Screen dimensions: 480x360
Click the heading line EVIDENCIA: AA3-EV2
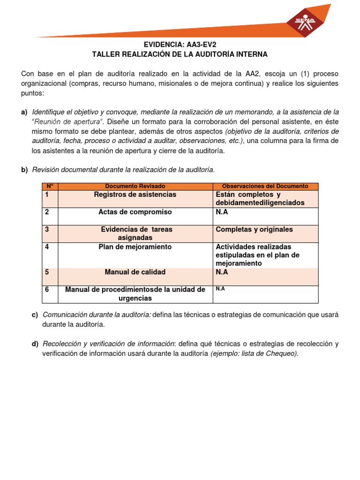pos(180,45)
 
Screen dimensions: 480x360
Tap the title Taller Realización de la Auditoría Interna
pos(180,54)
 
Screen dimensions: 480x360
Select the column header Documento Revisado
pos(135,186)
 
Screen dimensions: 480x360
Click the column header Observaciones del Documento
pos(265,186)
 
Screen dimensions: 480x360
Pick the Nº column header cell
pos(50,186)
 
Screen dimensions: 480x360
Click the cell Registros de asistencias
pos(135,195)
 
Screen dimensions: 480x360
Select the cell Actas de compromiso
pos(135,212)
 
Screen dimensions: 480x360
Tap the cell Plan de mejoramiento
pos(135,247)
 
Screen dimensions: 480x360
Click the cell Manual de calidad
pos(135,272)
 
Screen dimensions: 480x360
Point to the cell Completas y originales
pos(254,229)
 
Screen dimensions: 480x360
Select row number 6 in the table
pos(47,290)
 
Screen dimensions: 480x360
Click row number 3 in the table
pos(47,229)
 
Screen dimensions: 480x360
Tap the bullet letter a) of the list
pos(24,112)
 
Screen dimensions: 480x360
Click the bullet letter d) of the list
pos(35,344)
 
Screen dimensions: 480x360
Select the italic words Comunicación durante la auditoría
pos(97,314)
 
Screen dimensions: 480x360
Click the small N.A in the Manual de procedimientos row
pos(220,289)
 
